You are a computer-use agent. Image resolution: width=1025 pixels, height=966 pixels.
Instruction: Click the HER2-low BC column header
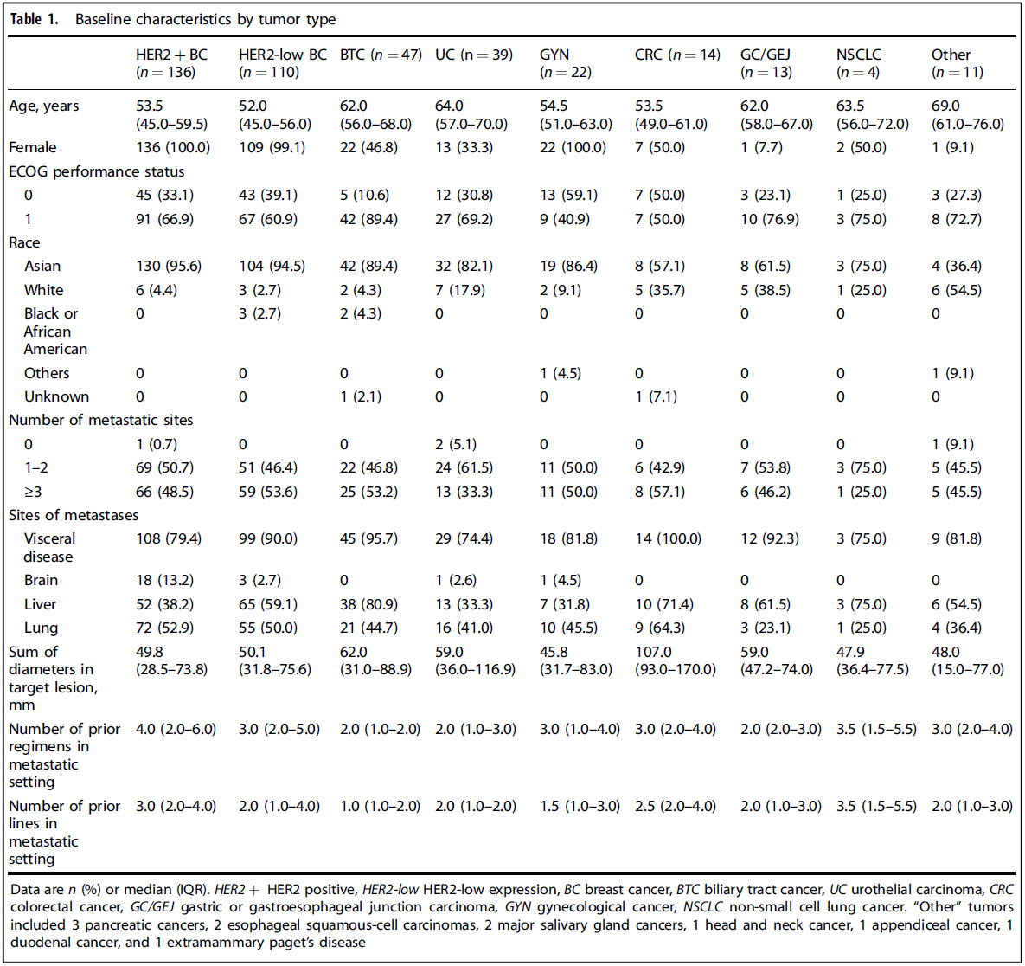[282, 63]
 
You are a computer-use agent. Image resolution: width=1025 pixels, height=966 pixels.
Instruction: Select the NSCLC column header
[858, 63]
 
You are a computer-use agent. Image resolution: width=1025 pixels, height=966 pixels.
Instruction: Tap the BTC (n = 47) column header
[381, 55]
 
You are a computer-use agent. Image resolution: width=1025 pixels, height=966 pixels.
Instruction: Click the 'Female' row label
[33, 147]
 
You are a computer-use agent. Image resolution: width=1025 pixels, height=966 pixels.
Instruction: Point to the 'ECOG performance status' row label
[96, 171]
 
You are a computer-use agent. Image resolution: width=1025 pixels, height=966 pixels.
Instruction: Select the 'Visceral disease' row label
[49, 547]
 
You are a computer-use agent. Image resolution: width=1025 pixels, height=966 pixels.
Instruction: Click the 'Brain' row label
[41, 580]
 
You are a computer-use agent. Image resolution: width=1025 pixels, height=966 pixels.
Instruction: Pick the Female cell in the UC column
[464, 147]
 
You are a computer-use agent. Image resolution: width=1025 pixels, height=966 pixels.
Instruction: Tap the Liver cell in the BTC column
[368, 604]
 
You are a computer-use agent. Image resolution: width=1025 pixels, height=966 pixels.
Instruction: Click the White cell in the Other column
[956, 290]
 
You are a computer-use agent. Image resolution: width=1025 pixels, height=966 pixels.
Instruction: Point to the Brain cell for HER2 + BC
[164, 580]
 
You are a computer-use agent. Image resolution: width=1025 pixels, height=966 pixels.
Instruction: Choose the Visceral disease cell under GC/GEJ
[769, 538]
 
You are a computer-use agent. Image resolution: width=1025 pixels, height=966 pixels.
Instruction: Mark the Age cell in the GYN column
[575, 114]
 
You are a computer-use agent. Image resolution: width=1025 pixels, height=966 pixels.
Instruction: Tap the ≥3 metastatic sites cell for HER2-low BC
[267, 492]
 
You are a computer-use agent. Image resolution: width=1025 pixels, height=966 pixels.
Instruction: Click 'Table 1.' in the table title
[35, 19]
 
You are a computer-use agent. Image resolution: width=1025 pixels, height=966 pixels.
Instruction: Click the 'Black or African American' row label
[55, 332]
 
